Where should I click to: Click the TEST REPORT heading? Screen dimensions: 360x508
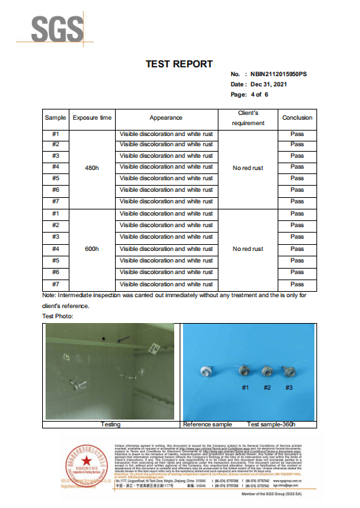tap(180, 64)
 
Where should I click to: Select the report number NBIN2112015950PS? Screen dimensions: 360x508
tap(279, 73)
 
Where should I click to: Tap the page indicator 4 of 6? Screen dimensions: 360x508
tap(259, 95)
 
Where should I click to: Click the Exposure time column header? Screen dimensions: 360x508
tap(92, 118)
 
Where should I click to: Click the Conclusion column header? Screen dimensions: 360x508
tap(297, 118)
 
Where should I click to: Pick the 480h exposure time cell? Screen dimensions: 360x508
tap(92, 167)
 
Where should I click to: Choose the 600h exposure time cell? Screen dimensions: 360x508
tap(92, 249)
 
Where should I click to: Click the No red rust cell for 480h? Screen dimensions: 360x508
tap(248, 167)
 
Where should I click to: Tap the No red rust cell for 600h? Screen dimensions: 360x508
tap(248, 249)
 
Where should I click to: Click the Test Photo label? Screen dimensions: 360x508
tap(57, 316)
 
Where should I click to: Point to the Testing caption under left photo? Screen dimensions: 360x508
tap(110, 424)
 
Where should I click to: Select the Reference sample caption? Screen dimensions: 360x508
tap(208, 424)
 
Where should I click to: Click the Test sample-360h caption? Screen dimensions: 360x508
tap(272, 424)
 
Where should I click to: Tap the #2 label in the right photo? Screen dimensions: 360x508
tap(267, 387)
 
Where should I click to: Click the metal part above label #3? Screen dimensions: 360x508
tap(288, 373)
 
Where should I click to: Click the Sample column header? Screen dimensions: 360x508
tap(56, 118)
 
